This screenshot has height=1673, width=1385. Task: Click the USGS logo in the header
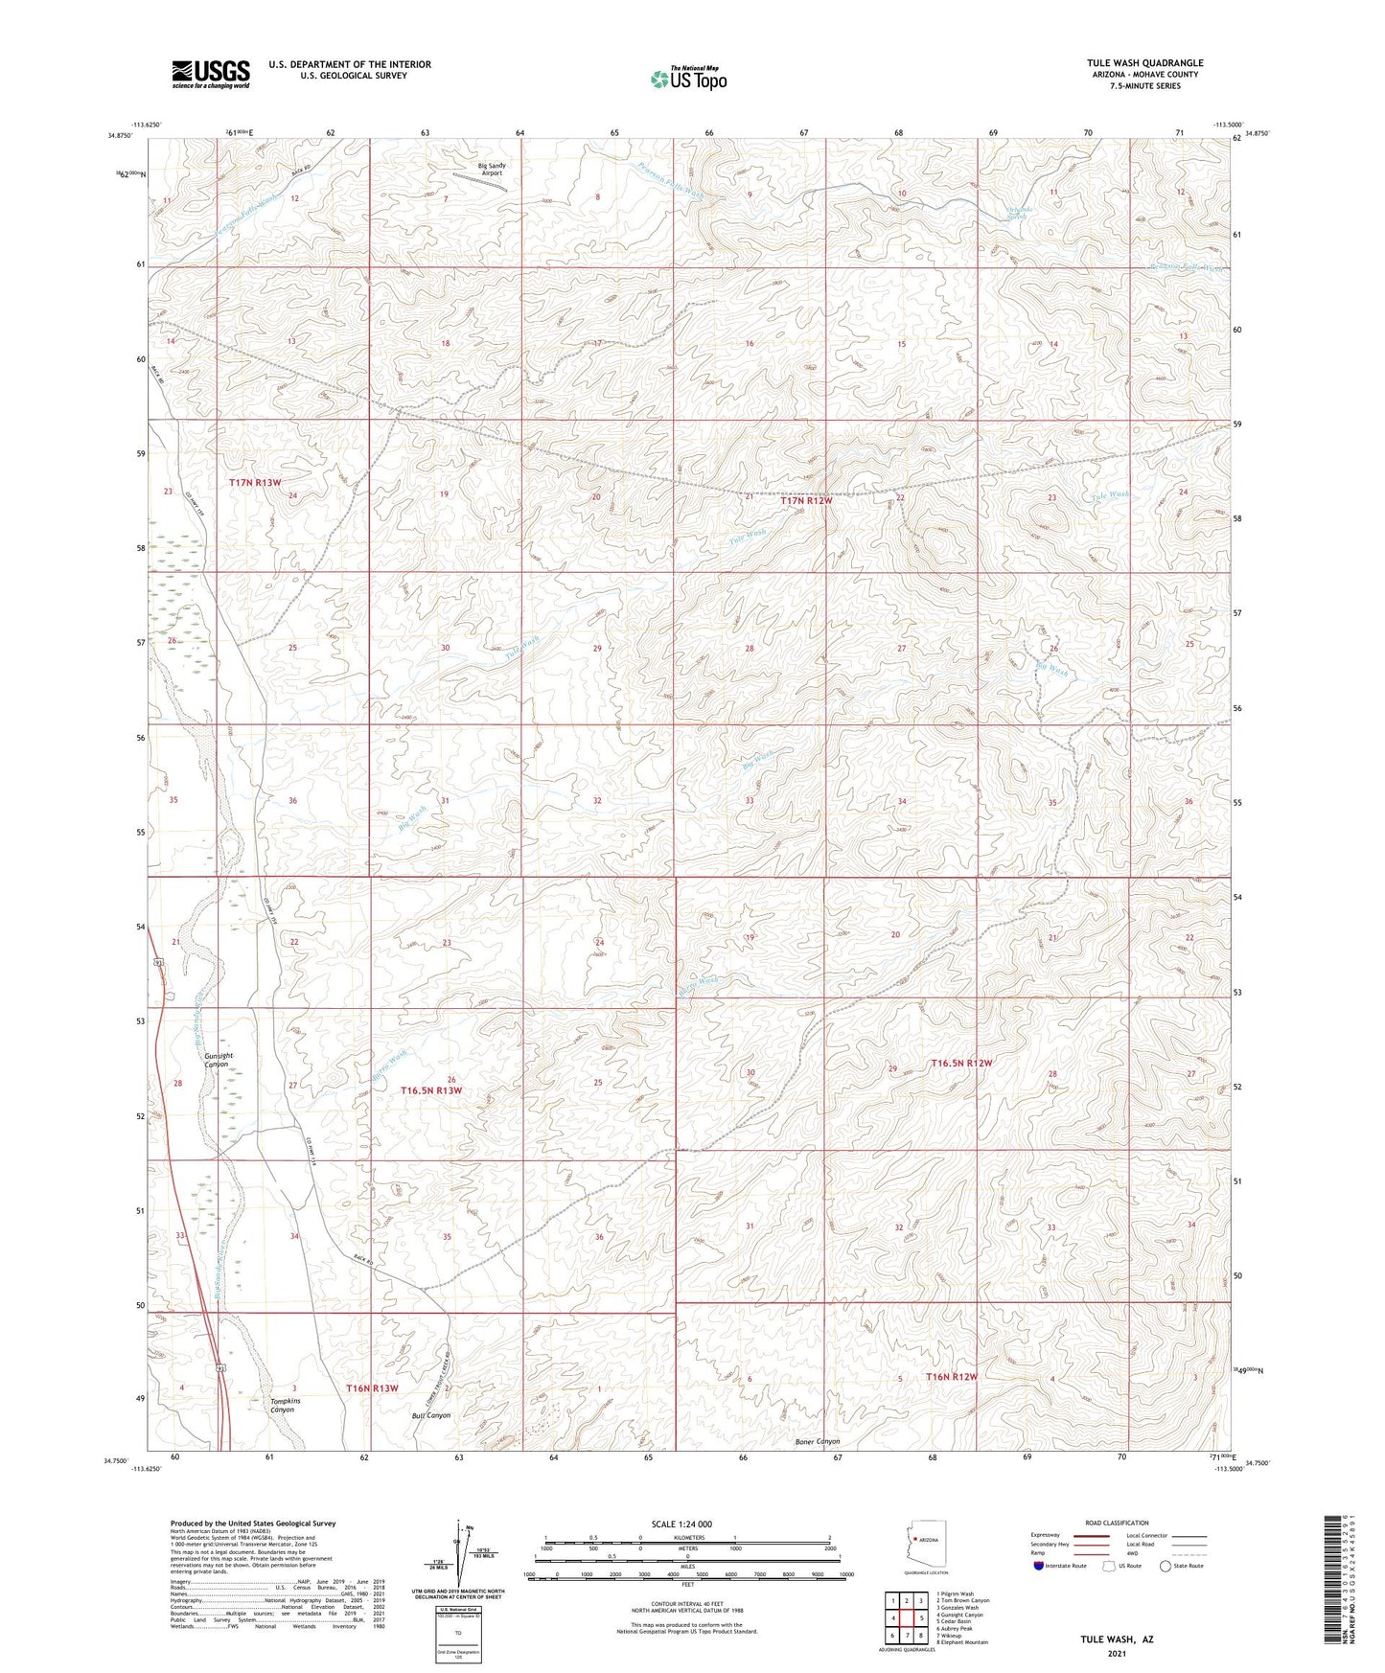[x=210, y=73]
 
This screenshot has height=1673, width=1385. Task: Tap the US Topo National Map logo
[x=687, y=79]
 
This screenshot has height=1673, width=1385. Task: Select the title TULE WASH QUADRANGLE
[x=1140, y=63]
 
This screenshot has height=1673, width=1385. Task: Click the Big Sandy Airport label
[x=492, y=170]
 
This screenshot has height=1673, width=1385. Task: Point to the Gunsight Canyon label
[x=219, y=1060]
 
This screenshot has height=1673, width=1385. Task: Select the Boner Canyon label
[x=818, y=1441]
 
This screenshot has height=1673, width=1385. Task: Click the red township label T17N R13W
[x=255, y=483]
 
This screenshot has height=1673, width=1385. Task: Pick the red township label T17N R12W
[x=806, y=500]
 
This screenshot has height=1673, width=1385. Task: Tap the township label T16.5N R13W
[x=431, y=1090]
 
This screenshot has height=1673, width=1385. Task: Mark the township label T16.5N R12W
[x=961, y=1064]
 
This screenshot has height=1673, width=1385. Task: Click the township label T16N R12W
[x=952, y=1377]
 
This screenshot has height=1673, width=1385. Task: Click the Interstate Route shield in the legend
[x=1039, y=1566]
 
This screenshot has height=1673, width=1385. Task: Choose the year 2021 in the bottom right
[x=1117, y=1653]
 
